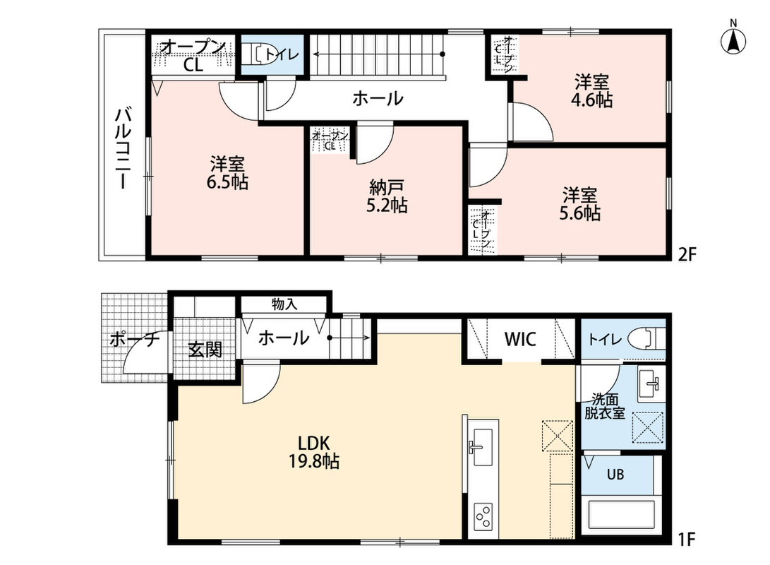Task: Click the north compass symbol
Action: pyautogui.click(x=733, y=40)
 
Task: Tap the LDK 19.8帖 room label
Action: pyautogui.click(x=314, y=452)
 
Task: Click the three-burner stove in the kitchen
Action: pyautogui.click(x=482, y=518)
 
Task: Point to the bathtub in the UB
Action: pyautogui.click(x=622, y=516)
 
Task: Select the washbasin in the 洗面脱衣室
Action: pyautogui.click(x=651, y=383)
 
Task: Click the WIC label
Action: pyautogui.click(x=520, y=339)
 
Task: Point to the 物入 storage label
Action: pyautogui.click(x=285, y=304)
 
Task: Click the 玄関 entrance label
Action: pyautogui.click(x=205, y=350)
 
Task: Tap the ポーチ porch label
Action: pyautogui.click(x=135, y=339)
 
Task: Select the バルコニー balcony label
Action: pyautogui.click(x=122, y=148)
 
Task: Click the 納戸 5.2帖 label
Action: pyautogui.click(x=387, y=196)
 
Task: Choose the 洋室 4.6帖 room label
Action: pyautogui.click(x=591, y=90)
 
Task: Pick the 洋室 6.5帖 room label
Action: pyautogui.click(x=227, y=172)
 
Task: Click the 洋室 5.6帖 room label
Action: pyautogui.click(x=579, y=204)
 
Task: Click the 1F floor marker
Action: pyautogui.click(x=687, y=540)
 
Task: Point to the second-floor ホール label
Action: pyautogui.click(x=378, y=98)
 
